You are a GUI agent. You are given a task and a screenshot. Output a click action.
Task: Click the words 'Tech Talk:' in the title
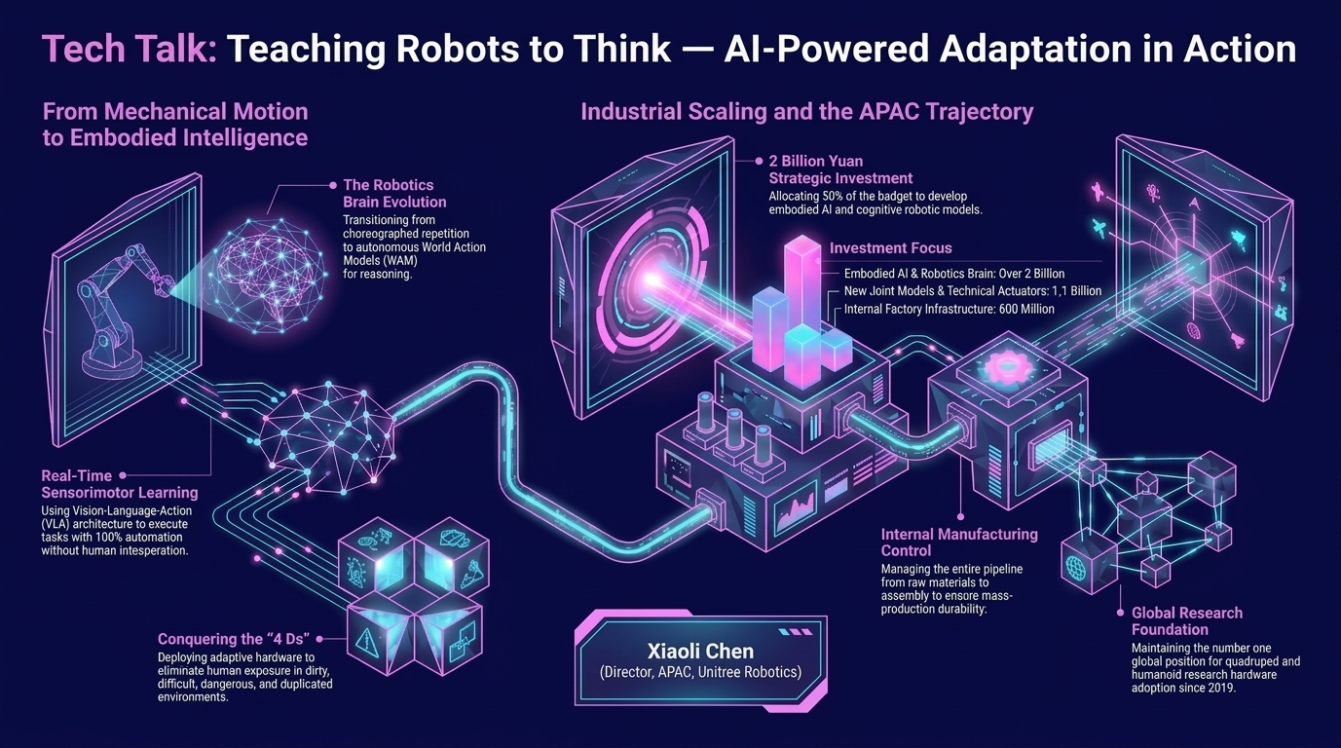pyautogui.click(x=130, y=49)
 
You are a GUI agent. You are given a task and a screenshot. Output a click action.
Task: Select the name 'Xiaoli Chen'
pyautogui.click(x=701, y=651)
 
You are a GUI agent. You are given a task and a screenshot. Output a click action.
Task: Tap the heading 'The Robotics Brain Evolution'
pyautogui.click(x=394, y=194)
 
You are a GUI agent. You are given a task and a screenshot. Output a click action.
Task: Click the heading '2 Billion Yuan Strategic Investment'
pyautogui.click(x=840, y=169)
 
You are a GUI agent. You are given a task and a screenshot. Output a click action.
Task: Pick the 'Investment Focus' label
pyautogui.click(x=890, y=248)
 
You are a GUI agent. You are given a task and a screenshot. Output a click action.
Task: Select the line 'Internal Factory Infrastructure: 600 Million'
pyautogui.click(x=949, y=309)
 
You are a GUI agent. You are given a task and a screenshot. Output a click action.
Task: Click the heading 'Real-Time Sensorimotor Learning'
pyautogui.click(x=120, y=484)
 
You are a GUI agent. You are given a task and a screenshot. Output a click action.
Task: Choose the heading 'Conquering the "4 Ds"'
pyautogui.click(x=234, y=639)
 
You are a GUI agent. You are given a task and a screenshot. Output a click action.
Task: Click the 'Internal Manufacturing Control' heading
pyautogui.click(x=959, y=542)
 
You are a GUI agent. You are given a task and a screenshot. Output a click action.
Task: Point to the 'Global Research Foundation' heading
pyautogui.click(x=1186, y=621)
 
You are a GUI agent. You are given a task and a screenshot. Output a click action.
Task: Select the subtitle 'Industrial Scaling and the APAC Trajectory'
pyautogui.click(x=807, y=112)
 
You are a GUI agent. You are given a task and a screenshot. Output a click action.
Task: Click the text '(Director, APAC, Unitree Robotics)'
pyautogui.click(x=700, y=672)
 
